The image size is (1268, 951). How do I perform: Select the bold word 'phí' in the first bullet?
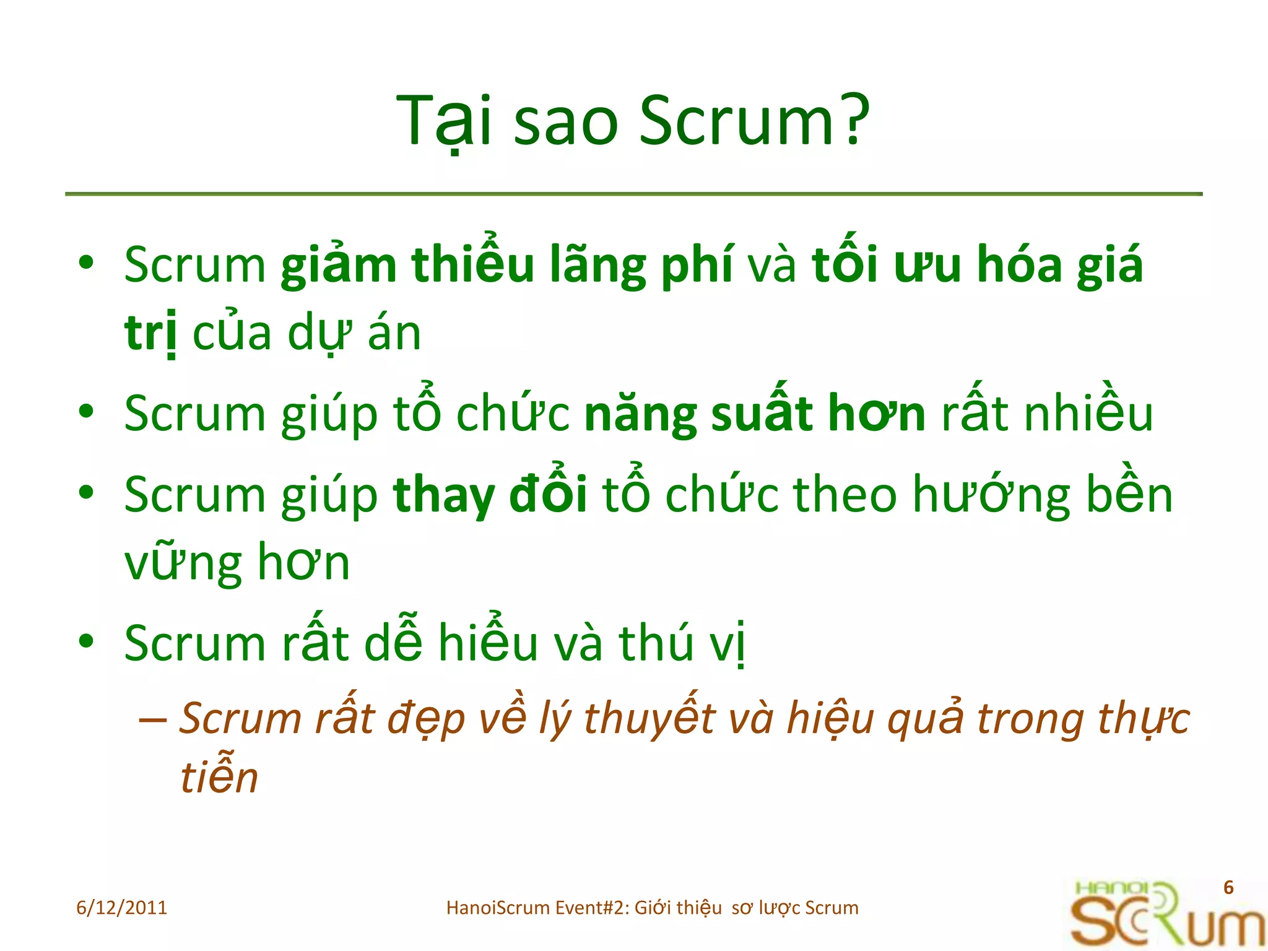click(x=697, y=266)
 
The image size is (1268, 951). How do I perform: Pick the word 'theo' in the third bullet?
click(x=845, y=495)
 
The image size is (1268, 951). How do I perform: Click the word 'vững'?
click(x=183, y=563)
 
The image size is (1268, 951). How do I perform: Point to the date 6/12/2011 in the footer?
click(x=121, y=908)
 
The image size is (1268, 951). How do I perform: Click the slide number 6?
click(x=1228, y=887)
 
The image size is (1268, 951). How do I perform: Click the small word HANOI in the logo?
click(x=1112, y=888)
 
